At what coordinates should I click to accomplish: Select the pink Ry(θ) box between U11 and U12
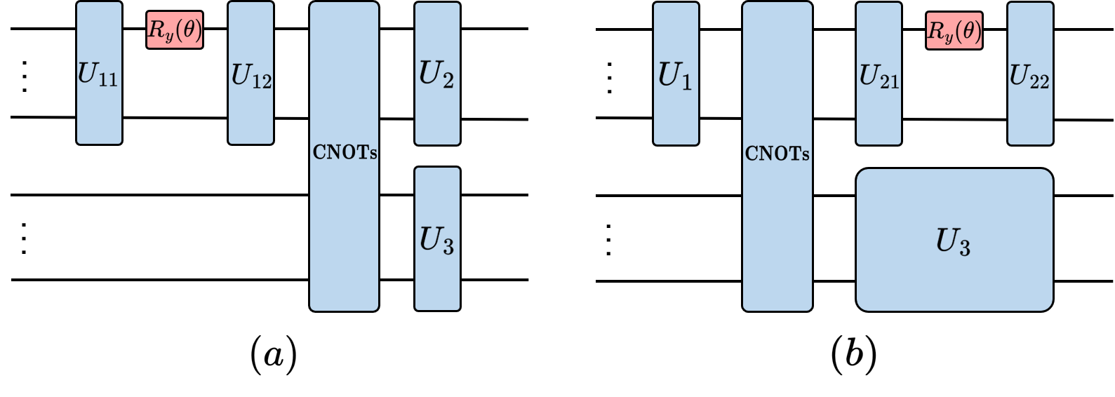[175, 30]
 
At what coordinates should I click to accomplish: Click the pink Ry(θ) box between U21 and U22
[954, 31]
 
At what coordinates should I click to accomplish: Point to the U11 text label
[98, 74]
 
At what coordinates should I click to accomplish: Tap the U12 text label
[251, 76]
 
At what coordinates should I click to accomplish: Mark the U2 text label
[436, 74]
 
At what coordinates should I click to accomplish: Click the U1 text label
[675, 76]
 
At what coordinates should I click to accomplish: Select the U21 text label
[879, 76]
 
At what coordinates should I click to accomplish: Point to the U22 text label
[1029, 76]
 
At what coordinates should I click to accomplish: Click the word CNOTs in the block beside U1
[777, 154]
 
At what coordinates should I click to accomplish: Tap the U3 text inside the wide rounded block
[953, 242]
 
